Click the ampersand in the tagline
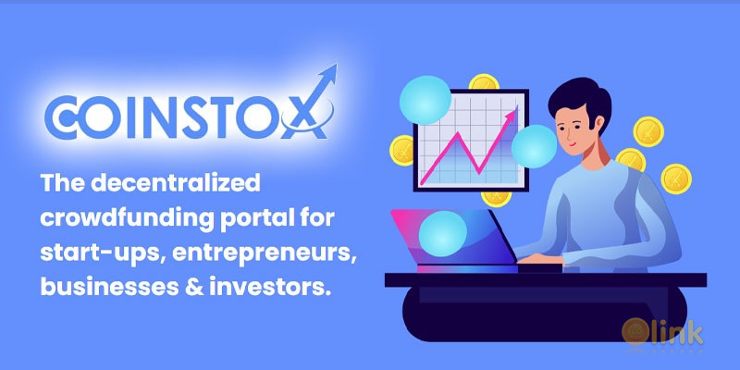tap(173, 288)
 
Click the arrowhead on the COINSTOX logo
tap(327, 75)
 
